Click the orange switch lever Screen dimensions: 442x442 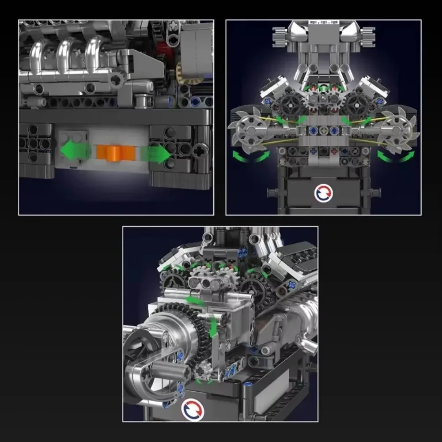click(116, 153)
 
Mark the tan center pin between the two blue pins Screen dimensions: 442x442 click(324, 131)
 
